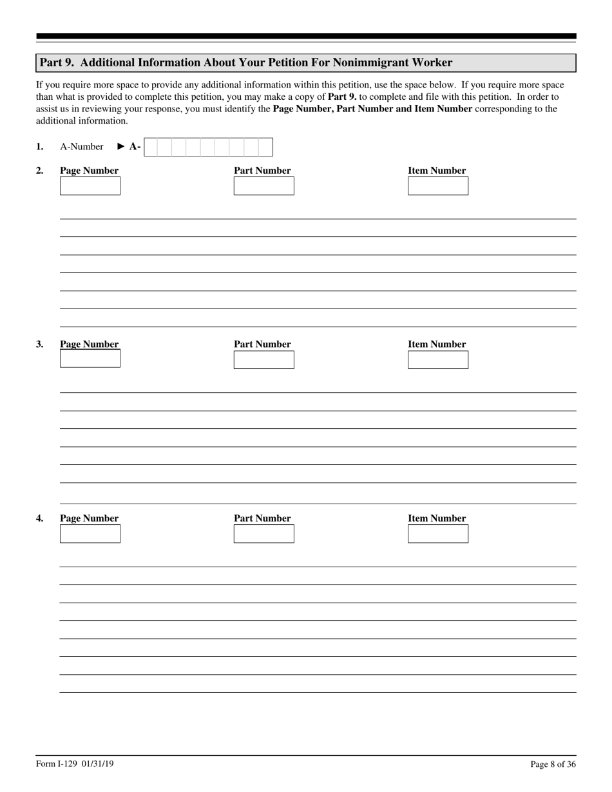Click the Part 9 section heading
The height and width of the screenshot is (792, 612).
click(245, 62)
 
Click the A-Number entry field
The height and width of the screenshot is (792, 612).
click(208, 147)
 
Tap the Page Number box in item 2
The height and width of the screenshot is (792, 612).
click(90, 186)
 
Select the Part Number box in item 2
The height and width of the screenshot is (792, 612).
click(263, 186)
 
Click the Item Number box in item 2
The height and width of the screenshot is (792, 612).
click(437, 186)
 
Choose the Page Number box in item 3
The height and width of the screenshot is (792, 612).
click(90, 359)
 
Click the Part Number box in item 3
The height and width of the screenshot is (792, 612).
click(263, 359)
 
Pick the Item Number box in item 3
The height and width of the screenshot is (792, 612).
click(437, 359)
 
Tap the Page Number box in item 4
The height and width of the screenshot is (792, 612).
click(90, 534)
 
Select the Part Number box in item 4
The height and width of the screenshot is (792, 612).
click(263, 534)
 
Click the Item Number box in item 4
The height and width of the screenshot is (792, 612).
click(437, 534)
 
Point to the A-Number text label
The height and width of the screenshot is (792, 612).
click(81, 147)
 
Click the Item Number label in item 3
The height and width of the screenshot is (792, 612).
click(436, 344)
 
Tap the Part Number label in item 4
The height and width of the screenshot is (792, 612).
click(262, 518)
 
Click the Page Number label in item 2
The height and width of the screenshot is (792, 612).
click(89, 171)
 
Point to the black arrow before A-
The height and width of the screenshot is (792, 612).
click(121, 147)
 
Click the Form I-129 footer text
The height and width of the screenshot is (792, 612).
click(75, 764)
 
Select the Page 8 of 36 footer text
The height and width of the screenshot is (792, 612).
click(553, 764)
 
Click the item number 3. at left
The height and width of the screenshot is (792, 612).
click(40, 344)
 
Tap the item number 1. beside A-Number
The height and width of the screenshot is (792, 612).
click(40, 147)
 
